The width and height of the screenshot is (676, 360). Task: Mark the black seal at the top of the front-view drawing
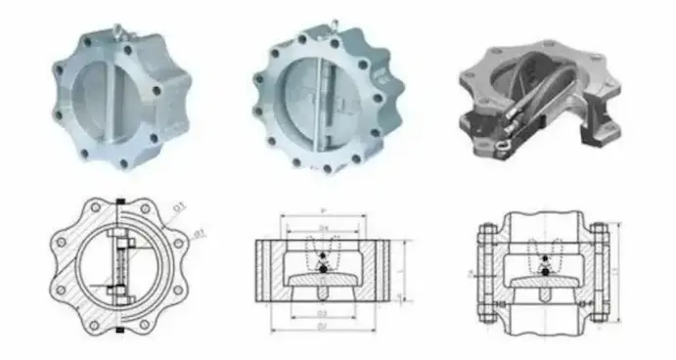pos(119,203)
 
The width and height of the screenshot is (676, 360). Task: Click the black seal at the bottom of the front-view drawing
pos(119,330)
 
